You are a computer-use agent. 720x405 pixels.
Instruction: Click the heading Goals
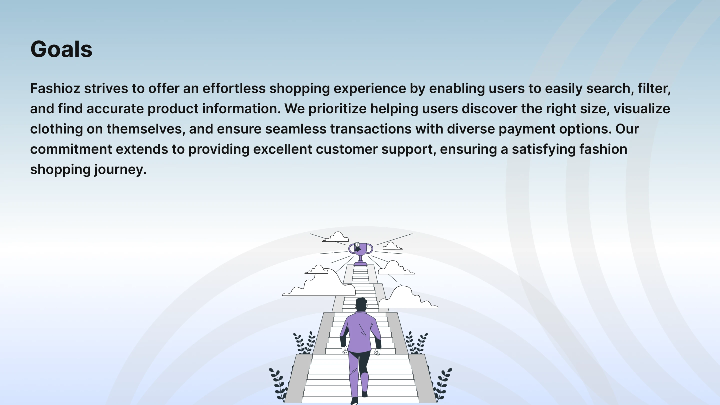point(61,49)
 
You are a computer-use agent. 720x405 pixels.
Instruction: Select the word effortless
point(234,88)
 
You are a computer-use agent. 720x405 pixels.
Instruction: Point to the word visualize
point(642,109)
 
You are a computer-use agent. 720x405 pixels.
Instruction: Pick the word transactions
point(371,129)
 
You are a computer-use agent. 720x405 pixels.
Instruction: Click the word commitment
point(71,149)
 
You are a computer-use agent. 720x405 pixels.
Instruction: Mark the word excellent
point(282,149)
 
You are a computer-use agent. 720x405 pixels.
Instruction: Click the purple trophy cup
point(360,253)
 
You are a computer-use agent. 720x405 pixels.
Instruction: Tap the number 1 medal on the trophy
point(357,245)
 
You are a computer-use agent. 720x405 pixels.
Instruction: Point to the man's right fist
point(377,351)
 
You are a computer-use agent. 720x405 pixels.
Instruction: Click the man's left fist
point(345,350)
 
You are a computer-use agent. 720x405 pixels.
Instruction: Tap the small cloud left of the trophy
point(336,237)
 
